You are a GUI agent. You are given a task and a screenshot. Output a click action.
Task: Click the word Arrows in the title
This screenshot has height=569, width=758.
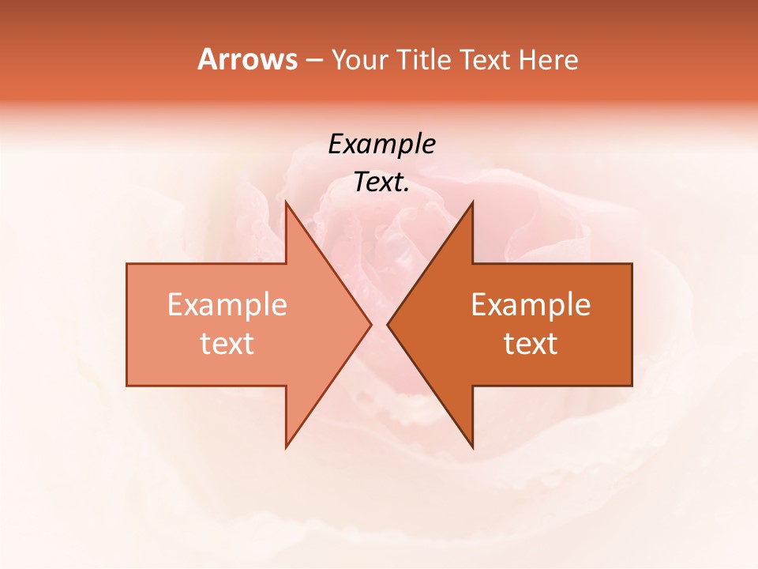pos(247,59)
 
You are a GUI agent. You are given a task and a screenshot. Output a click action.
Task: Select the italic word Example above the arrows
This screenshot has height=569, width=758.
pos(382,145)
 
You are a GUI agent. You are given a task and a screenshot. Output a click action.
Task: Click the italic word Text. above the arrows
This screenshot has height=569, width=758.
pos(382,183)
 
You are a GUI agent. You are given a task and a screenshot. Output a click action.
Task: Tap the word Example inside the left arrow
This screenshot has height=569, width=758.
pos(227,305)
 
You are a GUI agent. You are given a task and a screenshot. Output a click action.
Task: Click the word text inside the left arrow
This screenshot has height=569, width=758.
pos(227,343)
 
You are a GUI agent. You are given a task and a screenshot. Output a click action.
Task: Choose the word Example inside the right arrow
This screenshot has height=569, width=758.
pos(531,305)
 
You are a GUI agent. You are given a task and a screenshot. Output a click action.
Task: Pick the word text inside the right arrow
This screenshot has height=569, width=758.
pos(531,343)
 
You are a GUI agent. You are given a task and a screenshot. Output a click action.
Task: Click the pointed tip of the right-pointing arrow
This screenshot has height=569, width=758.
pos(370,324)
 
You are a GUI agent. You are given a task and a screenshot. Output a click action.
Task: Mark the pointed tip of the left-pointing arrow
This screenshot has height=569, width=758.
pos(388,324)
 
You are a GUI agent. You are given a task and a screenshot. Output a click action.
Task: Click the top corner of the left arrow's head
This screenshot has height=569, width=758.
pos(286,203)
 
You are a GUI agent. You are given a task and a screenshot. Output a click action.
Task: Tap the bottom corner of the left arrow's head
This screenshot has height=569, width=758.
pos(286,446)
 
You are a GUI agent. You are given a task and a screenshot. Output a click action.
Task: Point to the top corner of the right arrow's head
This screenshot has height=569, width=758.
pos(472,203)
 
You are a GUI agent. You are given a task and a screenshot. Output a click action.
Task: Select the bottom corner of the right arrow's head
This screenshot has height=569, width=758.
pos(472,446)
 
